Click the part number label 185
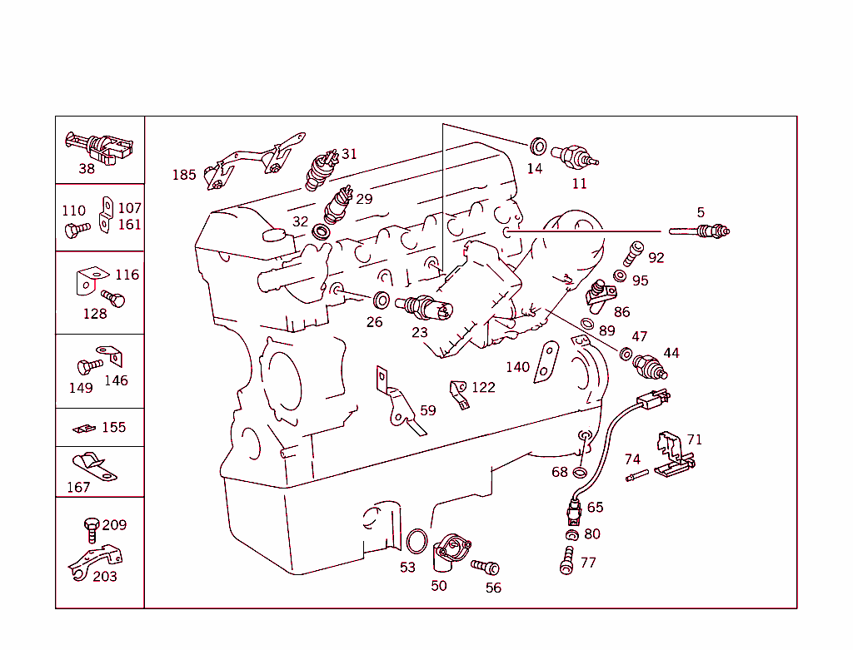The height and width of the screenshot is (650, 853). coord(184,175)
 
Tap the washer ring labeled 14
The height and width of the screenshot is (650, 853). coord(538,147)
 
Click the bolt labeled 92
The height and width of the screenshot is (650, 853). coord(635,250)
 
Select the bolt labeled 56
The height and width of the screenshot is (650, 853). coord(485,567)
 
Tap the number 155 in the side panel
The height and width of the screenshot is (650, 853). coord(114,427)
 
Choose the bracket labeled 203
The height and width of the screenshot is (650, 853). coord(94,558)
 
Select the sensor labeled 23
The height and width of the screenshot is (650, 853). coord(424,308)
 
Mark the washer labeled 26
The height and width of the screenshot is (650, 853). coord(380,300)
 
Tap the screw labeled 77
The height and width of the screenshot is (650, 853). coord(567,558)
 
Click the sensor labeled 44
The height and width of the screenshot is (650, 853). coord(650,366)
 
